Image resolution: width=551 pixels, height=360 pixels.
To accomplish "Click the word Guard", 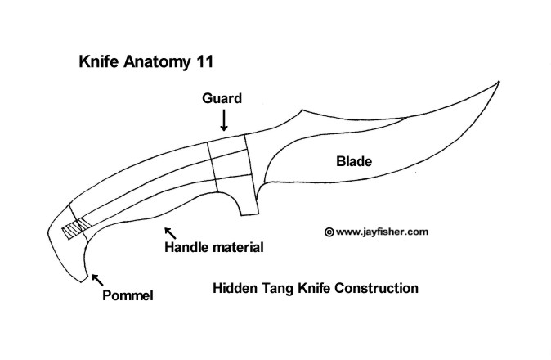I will point(222,98).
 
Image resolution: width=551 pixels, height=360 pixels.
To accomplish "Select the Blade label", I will point(354,162).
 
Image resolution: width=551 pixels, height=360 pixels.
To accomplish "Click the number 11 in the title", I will point(204,61).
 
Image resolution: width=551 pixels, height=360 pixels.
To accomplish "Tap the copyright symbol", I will point(329,232).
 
